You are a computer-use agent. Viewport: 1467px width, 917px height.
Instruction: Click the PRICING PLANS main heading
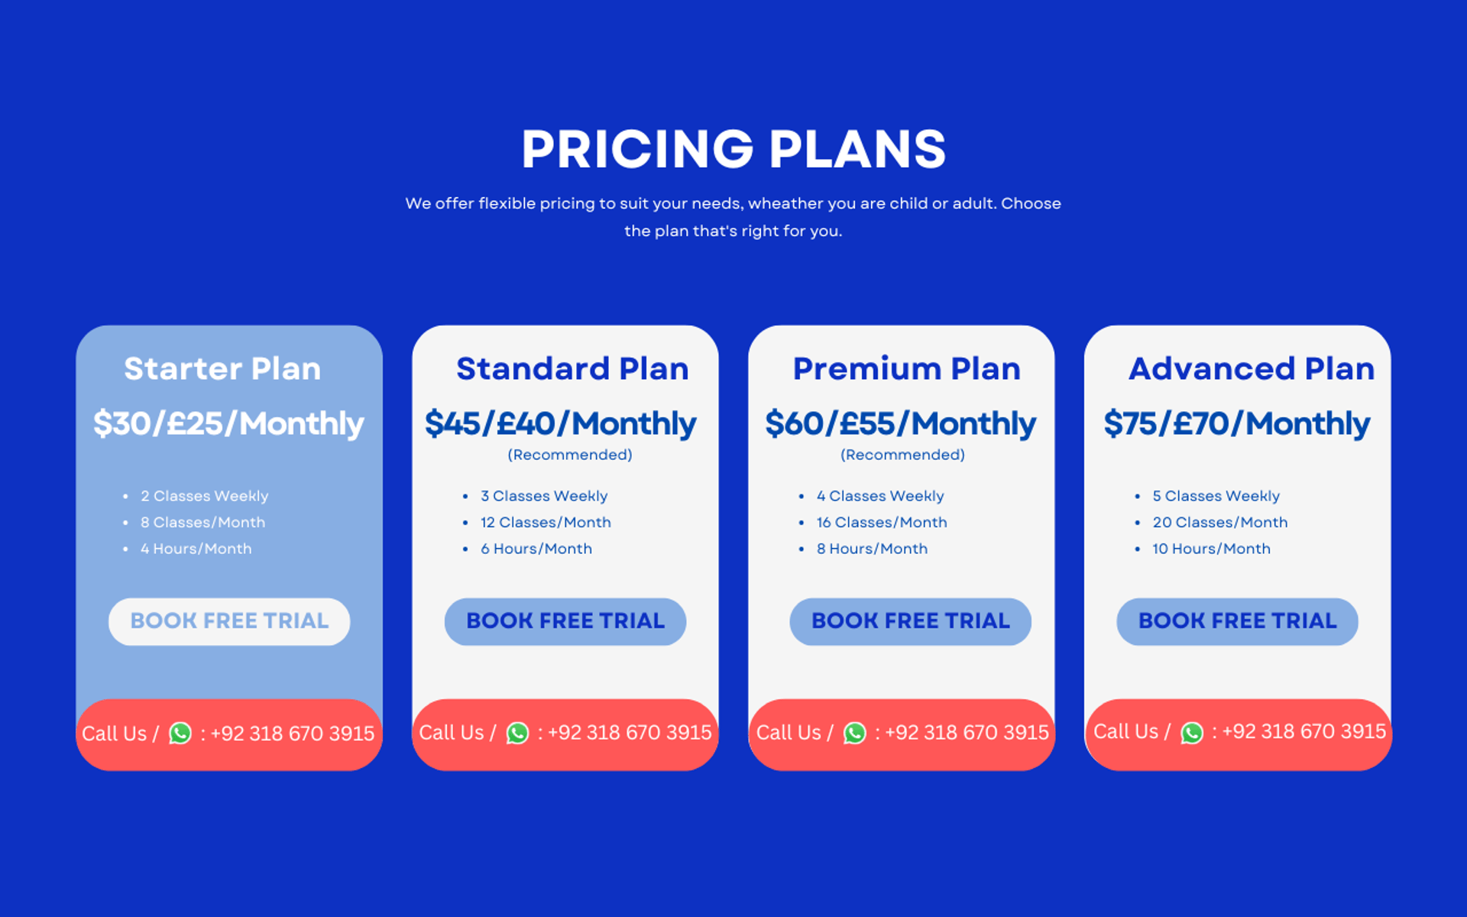pyautogui.click(x=733, y=148)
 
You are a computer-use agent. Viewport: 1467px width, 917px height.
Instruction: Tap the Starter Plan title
pyautogui.click(x=222, y=368)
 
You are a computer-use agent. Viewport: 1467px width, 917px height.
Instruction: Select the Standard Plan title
pyautogui.click(x=572, y=368)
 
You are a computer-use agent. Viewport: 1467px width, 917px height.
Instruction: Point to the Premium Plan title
pyautogui.click(x=906, y=368)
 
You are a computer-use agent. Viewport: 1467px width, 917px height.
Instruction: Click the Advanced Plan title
pyautogui.click(x=1252, y=368)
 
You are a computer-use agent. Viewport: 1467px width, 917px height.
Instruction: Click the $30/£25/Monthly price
pyautogui.click(x=228, y=423)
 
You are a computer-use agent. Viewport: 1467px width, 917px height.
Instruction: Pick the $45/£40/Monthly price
pyautogui.click(x=560, y=423)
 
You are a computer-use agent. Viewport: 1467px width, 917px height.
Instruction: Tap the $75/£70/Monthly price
pyautogui.click(x=1236, y=423)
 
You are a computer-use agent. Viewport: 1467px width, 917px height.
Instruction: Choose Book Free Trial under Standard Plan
pyautogui.click(x=565, y=621)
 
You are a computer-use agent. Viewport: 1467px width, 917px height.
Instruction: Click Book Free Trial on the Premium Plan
pyautogui.click(x=910, y=621)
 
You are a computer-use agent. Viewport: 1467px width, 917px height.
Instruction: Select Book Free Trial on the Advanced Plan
pyautogui.click(x=1237, y=621)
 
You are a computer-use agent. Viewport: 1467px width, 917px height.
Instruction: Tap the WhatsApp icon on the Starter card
pyautogui.click(x=180, y=734)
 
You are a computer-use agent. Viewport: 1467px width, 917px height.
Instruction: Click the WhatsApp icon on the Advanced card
pyautogui.click(x=1192, y=733)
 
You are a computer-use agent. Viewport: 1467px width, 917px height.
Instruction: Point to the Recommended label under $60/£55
pyautogui.click(x=902, y=455)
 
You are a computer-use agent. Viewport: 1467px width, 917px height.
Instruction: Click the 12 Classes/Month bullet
pyautogui.click(x=546, y=523)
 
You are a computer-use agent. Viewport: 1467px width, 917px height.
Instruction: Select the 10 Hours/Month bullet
pyautogui.click(x=1211, y=549)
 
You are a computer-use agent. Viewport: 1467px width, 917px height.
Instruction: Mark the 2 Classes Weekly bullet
pyautogui.click(x=204, y=496)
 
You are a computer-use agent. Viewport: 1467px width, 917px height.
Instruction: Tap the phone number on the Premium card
pyautogui.click(x=967, y=732)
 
